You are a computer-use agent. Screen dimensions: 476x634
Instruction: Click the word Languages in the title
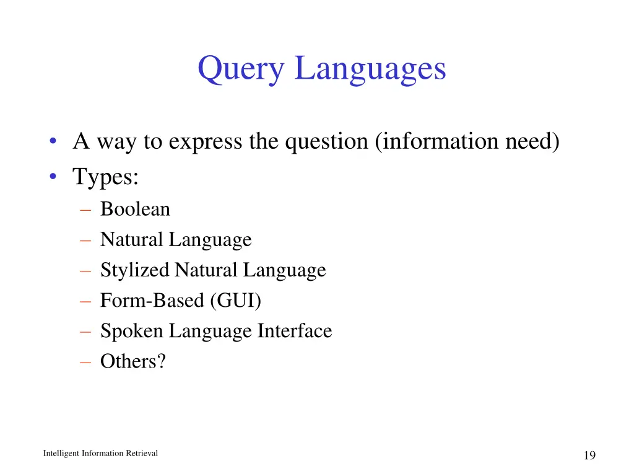pyautogui.click(x=370, y=69)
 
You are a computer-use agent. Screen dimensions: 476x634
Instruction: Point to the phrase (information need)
pyautogui.click(x=467, y=142)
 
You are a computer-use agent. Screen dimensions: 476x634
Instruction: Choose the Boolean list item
pyautogui.click(x=135, y=209)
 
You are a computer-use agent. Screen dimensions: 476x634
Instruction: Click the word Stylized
pyautogui.click(x=134, y=270)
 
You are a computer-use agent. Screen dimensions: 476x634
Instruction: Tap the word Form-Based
pyautogui.click(x=152, y=301)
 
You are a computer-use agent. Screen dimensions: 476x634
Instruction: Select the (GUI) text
pyautogui.click(x=236, y=301)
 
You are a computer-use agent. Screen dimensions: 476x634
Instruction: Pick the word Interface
pyautogui.click(x=295, y=331)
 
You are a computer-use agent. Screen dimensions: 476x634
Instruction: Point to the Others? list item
pyautogui.click(x=133, y=361)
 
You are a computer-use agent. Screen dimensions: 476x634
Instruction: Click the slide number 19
pyautogui.click(x=589, y=456)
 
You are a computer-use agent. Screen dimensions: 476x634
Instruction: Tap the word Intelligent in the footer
pyautogui.click(x=61, y=453)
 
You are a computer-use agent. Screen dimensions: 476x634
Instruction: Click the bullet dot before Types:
pyautogui.click(x=55, y=177)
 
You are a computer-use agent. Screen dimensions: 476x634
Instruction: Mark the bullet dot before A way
pyautogui.click(x=55, y=143)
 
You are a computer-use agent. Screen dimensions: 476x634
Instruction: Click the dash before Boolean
pyautogui.click(x=85, y=210)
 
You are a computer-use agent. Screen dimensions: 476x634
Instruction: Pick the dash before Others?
pyautogui.click(x=85, y=362)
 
